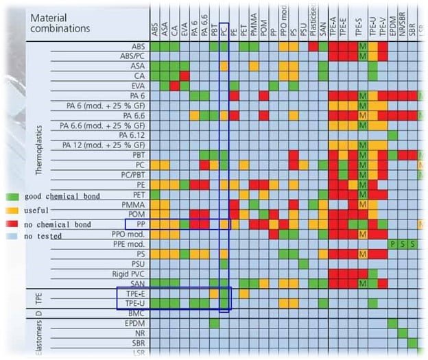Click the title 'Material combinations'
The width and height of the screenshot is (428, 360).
pyautogui.click(x=60, y=23)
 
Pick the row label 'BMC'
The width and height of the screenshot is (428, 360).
pyautogui.click(x=135, y=313)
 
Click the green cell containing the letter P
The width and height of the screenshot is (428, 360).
pyautogui.click(x=392, y=243)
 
